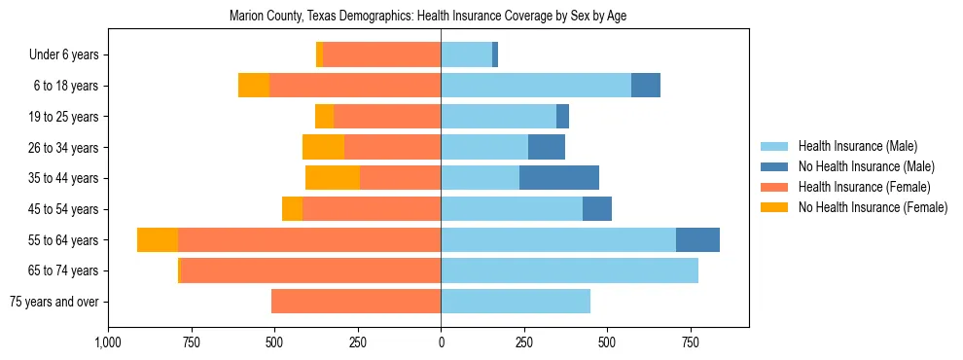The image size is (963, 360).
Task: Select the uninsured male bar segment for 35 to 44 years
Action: click(x=559, y=178)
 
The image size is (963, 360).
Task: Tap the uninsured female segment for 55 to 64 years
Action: click(x=158, y=239)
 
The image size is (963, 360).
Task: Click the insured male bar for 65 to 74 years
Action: click(x=569, y=270)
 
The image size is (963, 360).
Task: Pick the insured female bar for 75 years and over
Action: click(x=356, y=302)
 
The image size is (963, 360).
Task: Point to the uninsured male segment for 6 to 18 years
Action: click(x=646, y=86)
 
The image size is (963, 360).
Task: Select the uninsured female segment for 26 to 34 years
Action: click(x=323, y=147)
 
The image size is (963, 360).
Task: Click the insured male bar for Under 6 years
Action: click(x=466, y=54)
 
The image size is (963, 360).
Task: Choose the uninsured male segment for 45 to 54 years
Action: click(x=597, y=209)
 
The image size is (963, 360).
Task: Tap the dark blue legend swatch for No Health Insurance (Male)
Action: click(x=774, y=166)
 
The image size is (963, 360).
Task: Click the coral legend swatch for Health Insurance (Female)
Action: click(x=774, y=187)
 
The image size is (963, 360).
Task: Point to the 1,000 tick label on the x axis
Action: click(x=108, y=342)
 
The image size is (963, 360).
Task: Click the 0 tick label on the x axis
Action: click(x=441, y=342)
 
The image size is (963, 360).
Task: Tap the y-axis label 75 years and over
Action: click(x=53, y=302)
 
